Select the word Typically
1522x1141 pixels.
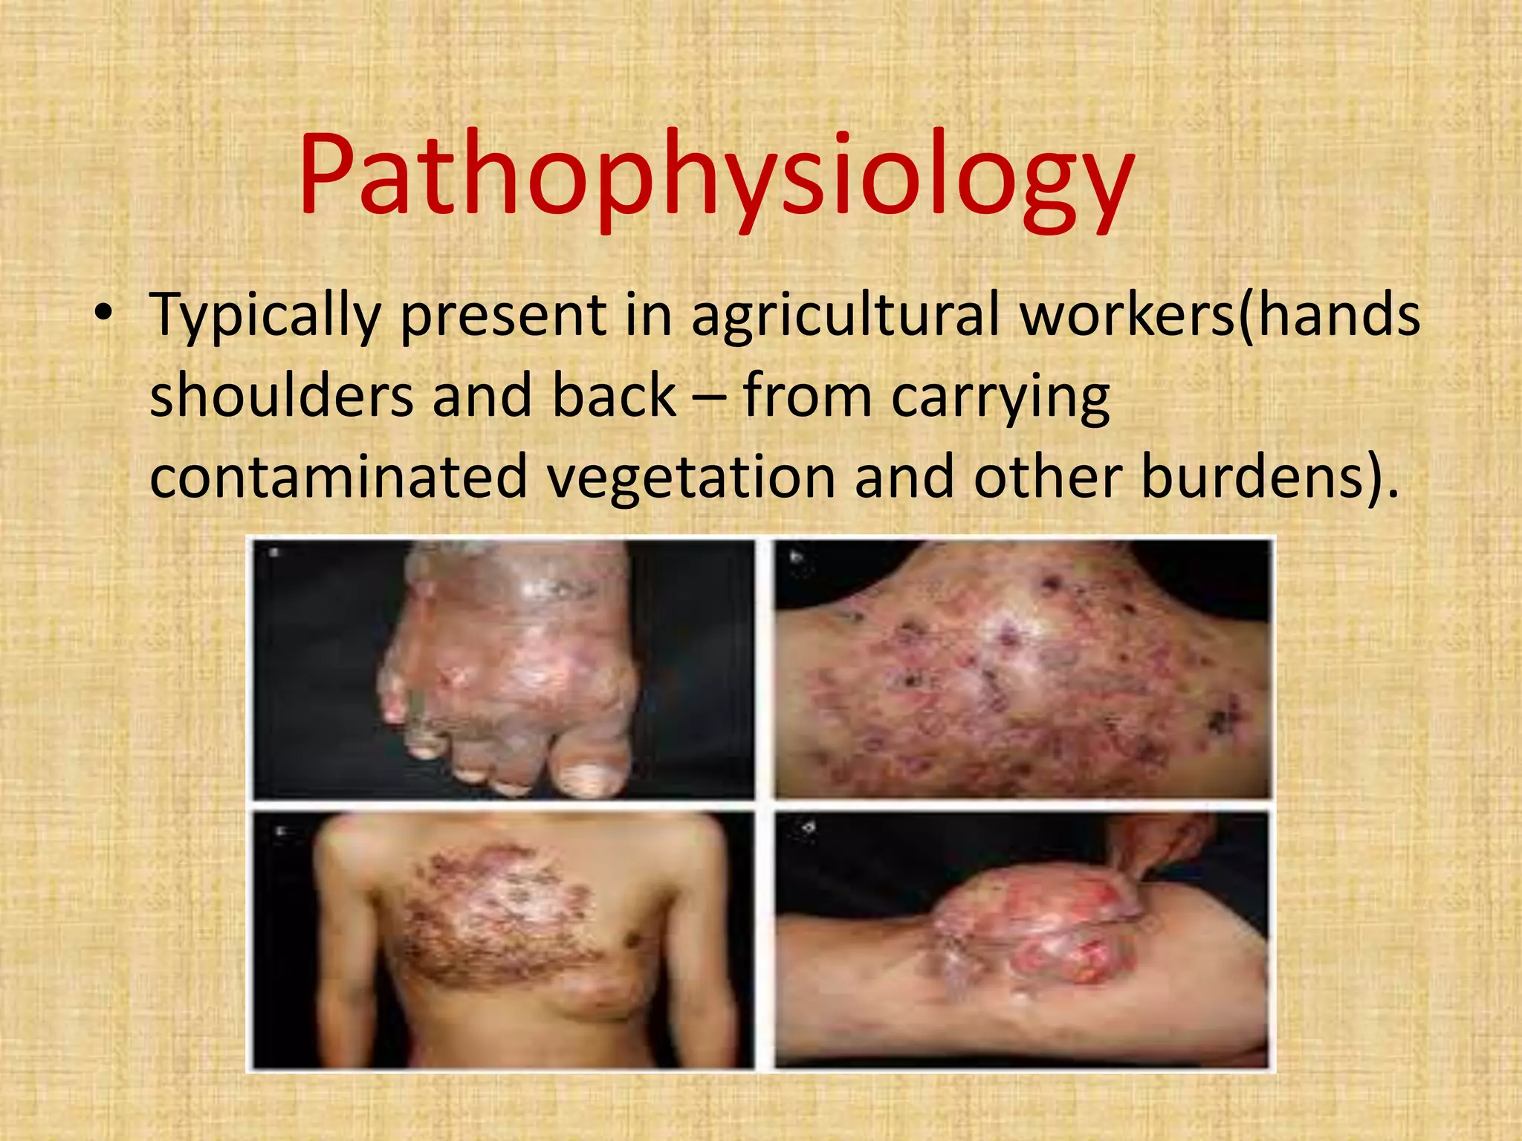[x=265, y=315]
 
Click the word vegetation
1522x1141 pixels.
[x=691, y=476]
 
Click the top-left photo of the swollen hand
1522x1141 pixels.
[x=503, y=669]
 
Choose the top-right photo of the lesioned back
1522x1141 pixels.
[x=1023, y=669]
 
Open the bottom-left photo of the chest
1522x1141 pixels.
[x=503, y=940]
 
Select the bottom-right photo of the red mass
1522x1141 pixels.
[x=1023, y=940]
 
